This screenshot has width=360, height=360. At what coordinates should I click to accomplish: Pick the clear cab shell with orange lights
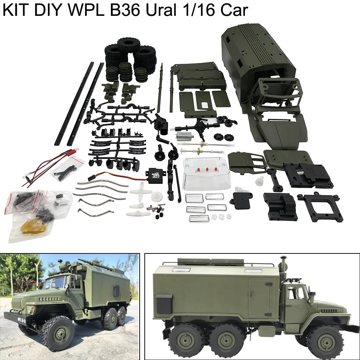tap(205, 174)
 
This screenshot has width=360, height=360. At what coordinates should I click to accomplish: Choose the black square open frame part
tap(320, 207)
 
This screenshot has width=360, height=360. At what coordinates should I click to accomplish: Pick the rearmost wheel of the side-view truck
tap(189, 340)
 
